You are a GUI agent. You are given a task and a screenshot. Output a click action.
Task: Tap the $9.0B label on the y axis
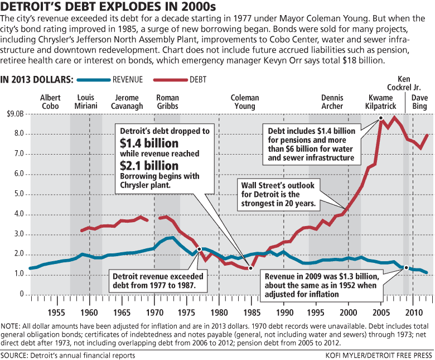15,114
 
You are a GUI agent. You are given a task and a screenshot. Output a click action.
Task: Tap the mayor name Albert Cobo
51,102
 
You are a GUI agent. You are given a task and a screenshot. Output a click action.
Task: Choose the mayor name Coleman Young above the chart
245,102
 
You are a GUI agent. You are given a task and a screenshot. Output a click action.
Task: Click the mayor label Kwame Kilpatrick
380,102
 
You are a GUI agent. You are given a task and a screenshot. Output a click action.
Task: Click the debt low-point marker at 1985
251,268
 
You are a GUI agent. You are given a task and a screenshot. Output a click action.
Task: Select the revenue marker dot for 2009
407,268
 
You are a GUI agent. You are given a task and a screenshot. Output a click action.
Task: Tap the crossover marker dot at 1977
199,249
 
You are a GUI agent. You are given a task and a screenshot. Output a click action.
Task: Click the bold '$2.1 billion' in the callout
149,166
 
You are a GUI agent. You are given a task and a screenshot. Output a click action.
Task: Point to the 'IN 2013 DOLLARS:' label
37,79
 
